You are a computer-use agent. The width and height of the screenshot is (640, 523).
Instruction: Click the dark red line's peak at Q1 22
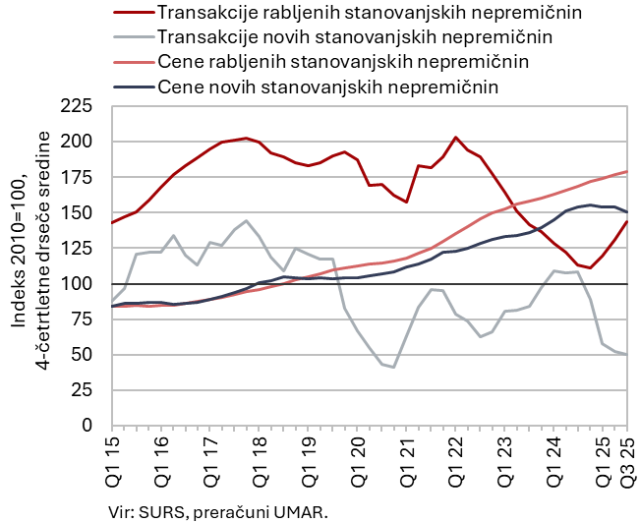[x=455, y=138]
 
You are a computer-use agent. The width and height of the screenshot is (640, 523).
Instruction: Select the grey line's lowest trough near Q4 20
[x=393, y=367]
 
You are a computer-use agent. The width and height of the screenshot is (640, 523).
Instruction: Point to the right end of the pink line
[x=627, y=172]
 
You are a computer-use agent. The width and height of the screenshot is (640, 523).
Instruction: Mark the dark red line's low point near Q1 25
[x=590, y=267]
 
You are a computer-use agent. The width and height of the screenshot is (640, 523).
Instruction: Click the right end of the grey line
[x=627, y=355]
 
